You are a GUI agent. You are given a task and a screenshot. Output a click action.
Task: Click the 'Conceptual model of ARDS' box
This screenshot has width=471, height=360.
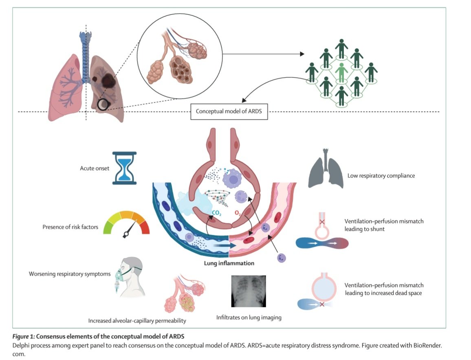(x=229, y=111)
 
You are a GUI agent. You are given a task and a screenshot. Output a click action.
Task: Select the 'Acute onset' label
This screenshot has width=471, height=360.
(x=95, y=168)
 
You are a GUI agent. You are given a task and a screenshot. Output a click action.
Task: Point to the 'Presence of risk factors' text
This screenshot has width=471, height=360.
(x=70, y=227)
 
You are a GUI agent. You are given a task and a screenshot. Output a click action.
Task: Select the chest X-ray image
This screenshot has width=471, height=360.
(x=248, y=291)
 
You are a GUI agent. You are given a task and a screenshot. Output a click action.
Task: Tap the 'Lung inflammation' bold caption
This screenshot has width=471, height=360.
(x=229, y=263)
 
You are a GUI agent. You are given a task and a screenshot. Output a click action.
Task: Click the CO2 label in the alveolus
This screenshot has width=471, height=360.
(x=216, y=212)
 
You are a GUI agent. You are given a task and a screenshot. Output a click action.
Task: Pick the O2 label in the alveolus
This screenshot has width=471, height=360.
(x=238, y=212)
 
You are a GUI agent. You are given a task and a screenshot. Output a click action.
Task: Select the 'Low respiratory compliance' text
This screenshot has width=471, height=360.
(x=381, y=176)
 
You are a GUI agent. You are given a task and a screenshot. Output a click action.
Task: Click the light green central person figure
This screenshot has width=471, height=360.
(x=341, y=73)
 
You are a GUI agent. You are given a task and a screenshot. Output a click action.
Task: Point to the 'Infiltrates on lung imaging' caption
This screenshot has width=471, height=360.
(x=249, y=317)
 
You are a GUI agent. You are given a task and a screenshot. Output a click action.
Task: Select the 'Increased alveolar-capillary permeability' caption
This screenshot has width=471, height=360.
(x=137, y=321)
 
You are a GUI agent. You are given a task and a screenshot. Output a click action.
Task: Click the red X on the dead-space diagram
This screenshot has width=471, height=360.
(x=322, y=304)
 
